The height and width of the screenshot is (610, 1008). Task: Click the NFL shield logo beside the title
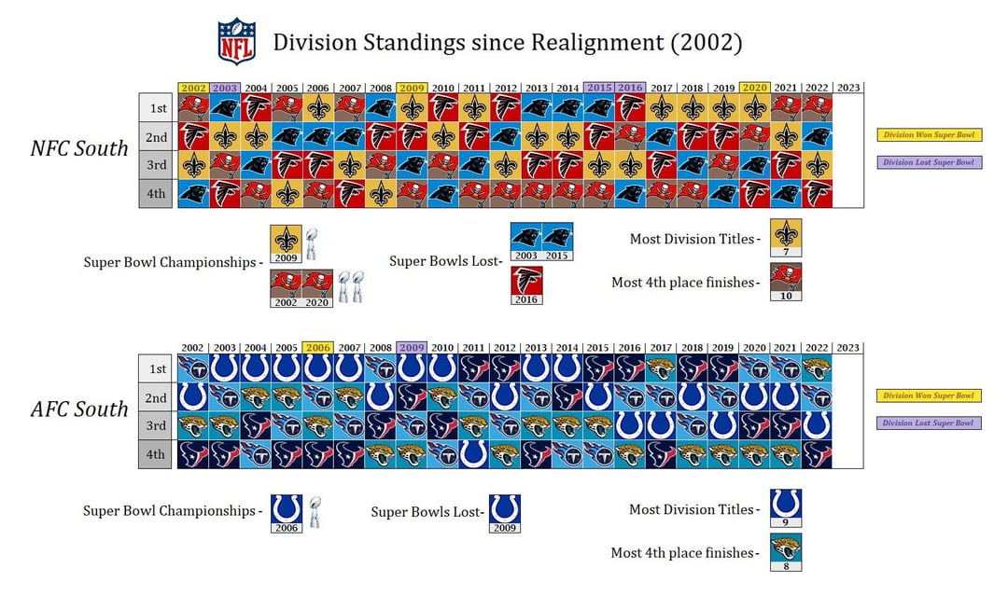(236, 41)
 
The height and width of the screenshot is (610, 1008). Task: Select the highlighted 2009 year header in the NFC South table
(412, 88)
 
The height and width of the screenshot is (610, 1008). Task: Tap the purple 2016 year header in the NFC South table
(630, 88)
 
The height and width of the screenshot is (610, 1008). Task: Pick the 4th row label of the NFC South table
(158, 194)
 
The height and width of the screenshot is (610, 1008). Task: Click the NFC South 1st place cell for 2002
(193, 108)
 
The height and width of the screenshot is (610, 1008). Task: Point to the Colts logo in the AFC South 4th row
(474, 454)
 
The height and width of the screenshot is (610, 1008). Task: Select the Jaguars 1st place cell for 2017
(661, 368)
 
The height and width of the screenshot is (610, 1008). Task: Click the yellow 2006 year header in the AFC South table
(318, 348)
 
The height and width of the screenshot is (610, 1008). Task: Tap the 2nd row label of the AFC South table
(158, 397)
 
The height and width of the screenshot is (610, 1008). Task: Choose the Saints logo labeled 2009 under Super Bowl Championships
(286, 240)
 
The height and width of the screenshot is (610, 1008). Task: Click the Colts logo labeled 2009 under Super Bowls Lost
(505, 509)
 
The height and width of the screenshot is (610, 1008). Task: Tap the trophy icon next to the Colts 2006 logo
(315, 511)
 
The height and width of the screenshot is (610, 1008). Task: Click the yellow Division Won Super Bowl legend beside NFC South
(929, 135)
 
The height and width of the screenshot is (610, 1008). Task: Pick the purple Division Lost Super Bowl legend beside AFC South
(929, 423)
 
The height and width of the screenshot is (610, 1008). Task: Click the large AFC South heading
(79, 409)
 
